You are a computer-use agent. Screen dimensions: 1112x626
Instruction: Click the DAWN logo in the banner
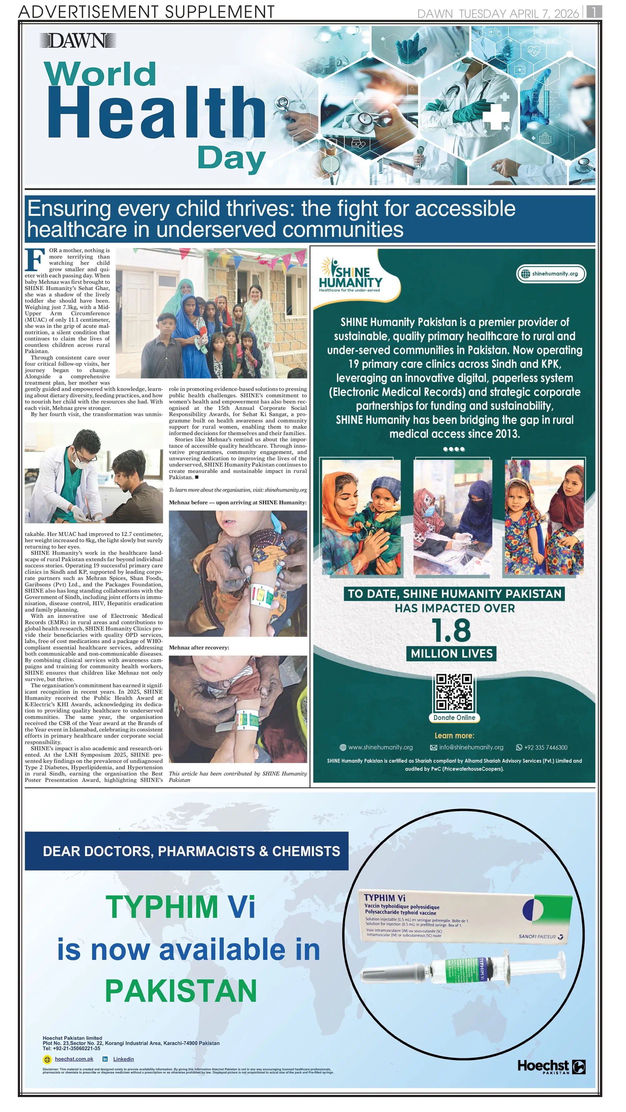(78, 41)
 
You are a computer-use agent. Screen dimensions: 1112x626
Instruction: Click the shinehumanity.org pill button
(551, 274)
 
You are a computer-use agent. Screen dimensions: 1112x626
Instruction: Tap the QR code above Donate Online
(454, 692)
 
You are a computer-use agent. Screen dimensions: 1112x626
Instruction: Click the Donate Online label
(454, 718)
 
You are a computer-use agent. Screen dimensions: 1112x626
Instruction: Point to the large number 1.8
(451, 630)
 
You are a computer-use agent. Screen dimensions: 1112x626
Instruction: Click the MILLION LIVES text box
(451, 653)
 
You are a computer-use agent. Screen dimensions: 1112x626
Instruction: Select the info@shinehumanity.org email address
(471, 747)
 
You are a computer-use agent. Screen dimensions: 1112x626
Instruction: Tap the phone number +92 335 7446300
(545, 748)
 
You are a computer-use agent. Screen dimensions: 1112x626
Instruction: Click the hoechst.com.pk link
(74, 1059)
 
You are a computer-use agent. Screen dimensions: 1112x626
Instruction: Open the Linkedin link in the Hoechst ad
(123, 1059)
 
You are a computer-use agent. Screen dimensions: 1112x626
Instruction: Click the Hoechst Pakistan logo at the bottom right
(551, 1067)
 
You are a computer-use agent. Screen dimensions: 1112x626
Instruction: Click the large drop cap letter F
(35, 260)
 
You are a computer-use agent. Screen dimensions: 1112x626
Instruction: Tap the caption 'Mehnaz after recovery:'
(199, 647)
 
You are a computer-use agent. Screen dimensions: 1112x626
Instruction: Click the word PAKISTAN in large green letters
(181, 991)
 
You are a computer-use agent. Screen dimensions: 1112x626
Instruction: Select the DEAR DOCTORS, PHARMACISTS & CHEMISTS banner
(187, 851)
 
